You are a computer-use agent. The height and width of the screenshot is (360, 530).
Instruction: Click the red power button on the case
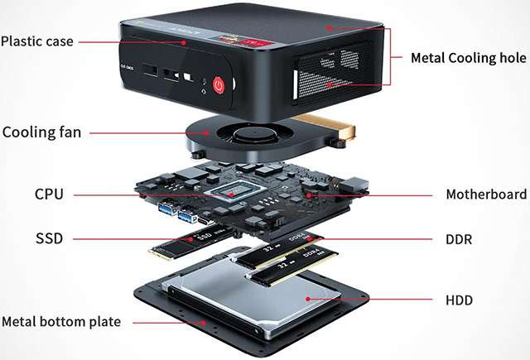(x=219, y=85)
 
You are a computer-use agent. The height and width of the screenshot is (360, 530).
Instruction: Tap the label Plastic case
(x=37, y=41)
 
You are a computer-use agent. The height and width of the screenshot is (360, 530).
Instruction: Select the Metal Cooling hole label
(x=469, y=58)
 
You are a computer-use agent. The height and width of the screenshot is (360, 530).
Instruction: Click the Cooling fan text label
(x=41, y=132)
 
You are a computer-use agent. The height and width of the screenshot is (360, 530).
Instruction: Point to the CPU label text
(x=49, y=194)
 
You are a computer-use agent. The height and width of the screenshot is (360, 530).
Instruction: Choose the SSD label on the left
(x=50, y=238)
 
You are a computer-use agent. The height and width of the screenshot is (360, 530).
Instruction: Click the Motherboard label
(x=486, y=194)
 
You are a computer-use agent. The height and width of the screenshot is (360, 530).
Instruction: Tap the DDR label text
(x=459, y=239)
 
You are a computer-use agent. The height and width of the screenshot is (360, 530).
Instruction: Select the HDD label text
(x=459, y=300)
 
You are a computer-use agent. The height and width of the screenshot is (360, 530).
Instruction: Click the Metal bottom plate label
(x=61, y=321)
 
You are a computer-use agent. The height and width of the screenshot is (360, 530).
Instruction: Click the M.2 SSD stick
(x=191, y=243)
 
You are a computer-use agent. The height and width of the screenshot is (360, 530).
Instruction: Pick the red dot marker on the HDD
(x=308, y=299)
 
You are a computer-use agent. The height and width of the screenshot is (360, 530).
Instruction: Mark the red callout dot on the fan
(x=207, y=133)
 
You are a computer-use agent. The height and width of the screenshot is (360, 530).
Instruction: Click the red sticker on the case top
(x=256, y=43)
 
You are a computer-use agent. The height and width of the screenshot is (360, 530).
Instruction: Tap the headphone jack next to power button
(x=204, y=81)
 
